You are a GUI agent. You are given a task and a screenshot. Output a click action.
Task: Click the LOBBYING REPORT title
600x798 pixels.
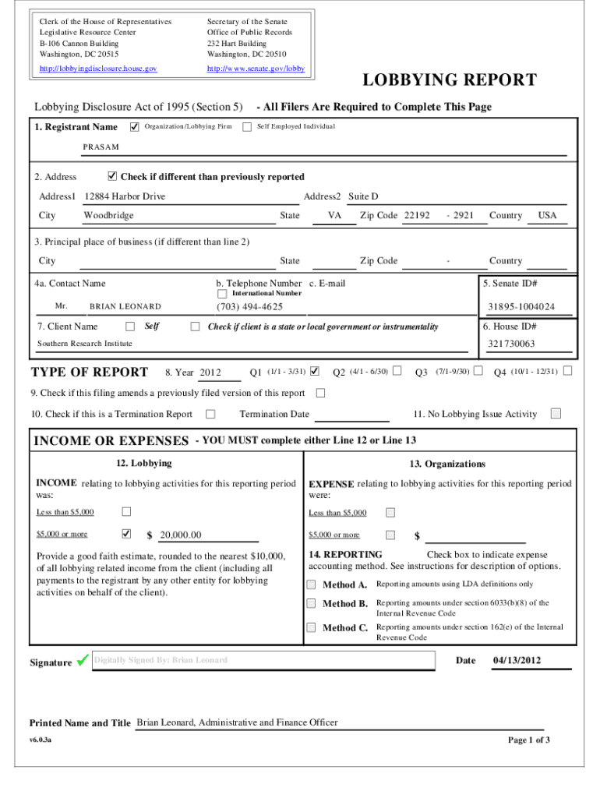click(x=447, y=80)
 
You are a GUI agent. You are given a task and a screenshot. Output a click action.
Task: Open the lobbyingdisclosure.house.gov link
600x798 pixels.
click(x=98, y=69)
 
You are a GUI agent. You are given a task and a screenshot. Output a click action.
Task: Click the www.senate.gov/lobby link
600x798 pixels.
click(x=256, y=69)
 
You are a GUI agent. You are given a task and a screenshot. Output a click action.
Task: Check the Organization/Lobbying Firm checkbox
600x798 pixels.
click(x=134, y=126)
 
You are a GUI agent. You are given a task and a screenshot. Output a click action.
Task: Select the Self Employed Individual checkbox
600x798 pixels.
click(x=247, y=126)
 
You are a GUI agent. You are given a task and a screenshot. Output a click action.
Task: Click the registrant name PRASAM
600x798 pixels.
click(x=101, y=147)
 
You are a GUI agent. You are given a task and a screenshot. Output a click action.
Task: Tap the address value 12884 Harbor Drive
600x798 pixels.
click(x=125, y=196)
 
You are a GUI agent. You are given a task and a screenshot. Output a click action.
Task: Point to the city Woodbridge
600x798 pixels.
click(x=108, y=215)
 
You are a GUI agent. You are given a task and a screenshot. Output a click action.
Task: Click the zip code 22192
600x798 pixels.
click(x=417, y=215)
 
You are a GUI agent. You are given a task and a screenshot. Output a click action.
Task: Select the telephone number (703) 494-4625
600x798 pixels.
click(x=249, y=306)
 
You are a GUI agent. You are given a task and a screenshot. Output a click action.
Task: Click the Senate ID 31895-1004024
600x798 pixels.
click(x=521, y=306)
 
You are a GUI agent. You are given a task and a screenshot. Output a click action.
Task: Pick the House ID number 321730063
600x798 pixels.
click(x=511, y=344)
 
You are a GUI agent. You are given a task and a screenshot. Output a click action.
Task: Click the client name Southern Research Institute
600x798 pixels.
click(x=85, y=344)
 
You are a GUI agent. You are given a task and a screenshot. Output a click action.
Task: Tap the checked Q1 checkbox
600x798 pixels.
click(x=315, y=370)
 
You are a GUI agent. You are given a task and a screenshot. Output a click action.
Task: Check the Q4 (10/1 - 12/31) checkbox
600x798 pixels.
click(x=567, y=370)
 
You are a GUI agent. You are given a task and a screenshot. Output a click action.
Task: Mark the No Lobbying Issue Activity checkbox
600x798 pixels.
click(x=556, y=414)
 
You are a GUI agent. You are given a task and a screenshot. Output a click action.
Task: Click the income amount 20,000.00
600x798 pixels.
click(x=181, y=535)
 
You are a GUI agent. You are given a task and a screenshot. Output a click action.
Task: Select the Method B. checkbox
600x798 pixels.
click(x=312, y=603)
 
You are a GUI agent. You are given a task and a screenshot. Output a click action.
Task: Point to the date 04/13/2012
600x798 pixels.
click(x=517, y=661)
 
